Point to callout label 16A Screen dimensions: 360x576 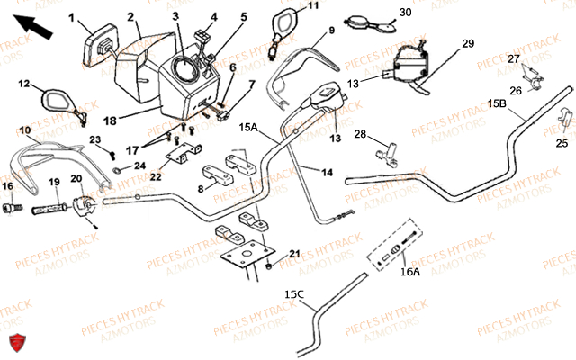[409, 270]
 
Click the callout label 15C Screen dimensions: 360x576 [293, 294]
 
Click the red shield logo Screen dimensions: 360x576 [14, 341]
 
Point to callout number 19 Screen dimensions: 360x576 [53, 182]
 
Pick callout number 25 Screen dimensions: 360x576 [562, 143]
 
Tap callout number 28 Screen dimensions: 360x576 [359, 134]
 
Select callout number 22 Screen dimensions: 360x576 [156, 176]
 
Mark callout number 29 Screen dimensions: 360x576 [467, 44]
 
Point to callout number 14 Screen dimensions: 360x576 [327, 171]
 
